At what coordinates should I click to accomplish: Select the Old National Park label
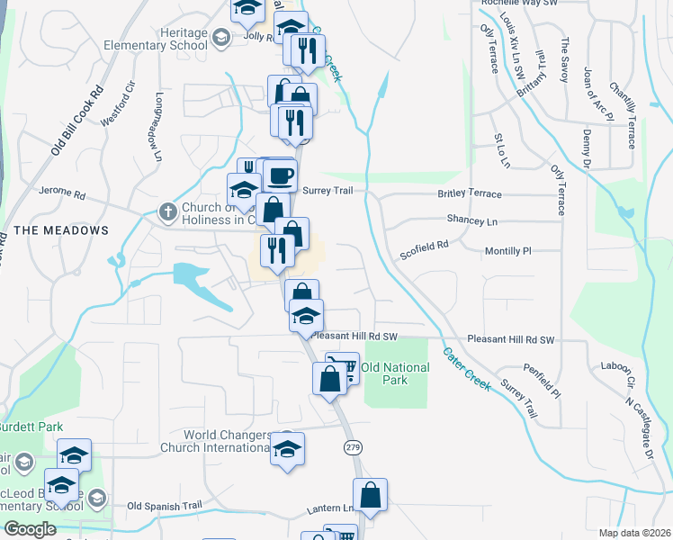point(384,373)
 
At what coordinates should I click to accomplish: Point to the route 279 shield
point(352,447)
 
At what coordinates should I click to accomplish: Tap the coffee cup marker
point(281,175)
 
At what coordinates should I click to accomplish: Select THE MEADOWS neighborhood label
point(61,230)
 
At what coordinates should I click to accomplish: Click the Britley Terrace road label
point(470,194)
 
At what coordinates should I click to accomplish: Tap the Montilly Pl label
point(510,251)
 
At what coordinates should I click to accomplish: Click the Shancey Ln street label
point(472,220)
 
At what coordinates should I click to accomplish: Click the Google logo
point(30,529)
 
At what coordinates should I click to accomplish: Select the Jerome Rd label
point(61,193)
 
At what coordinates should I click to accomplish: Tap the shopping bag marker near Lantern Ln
point(370,495)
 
